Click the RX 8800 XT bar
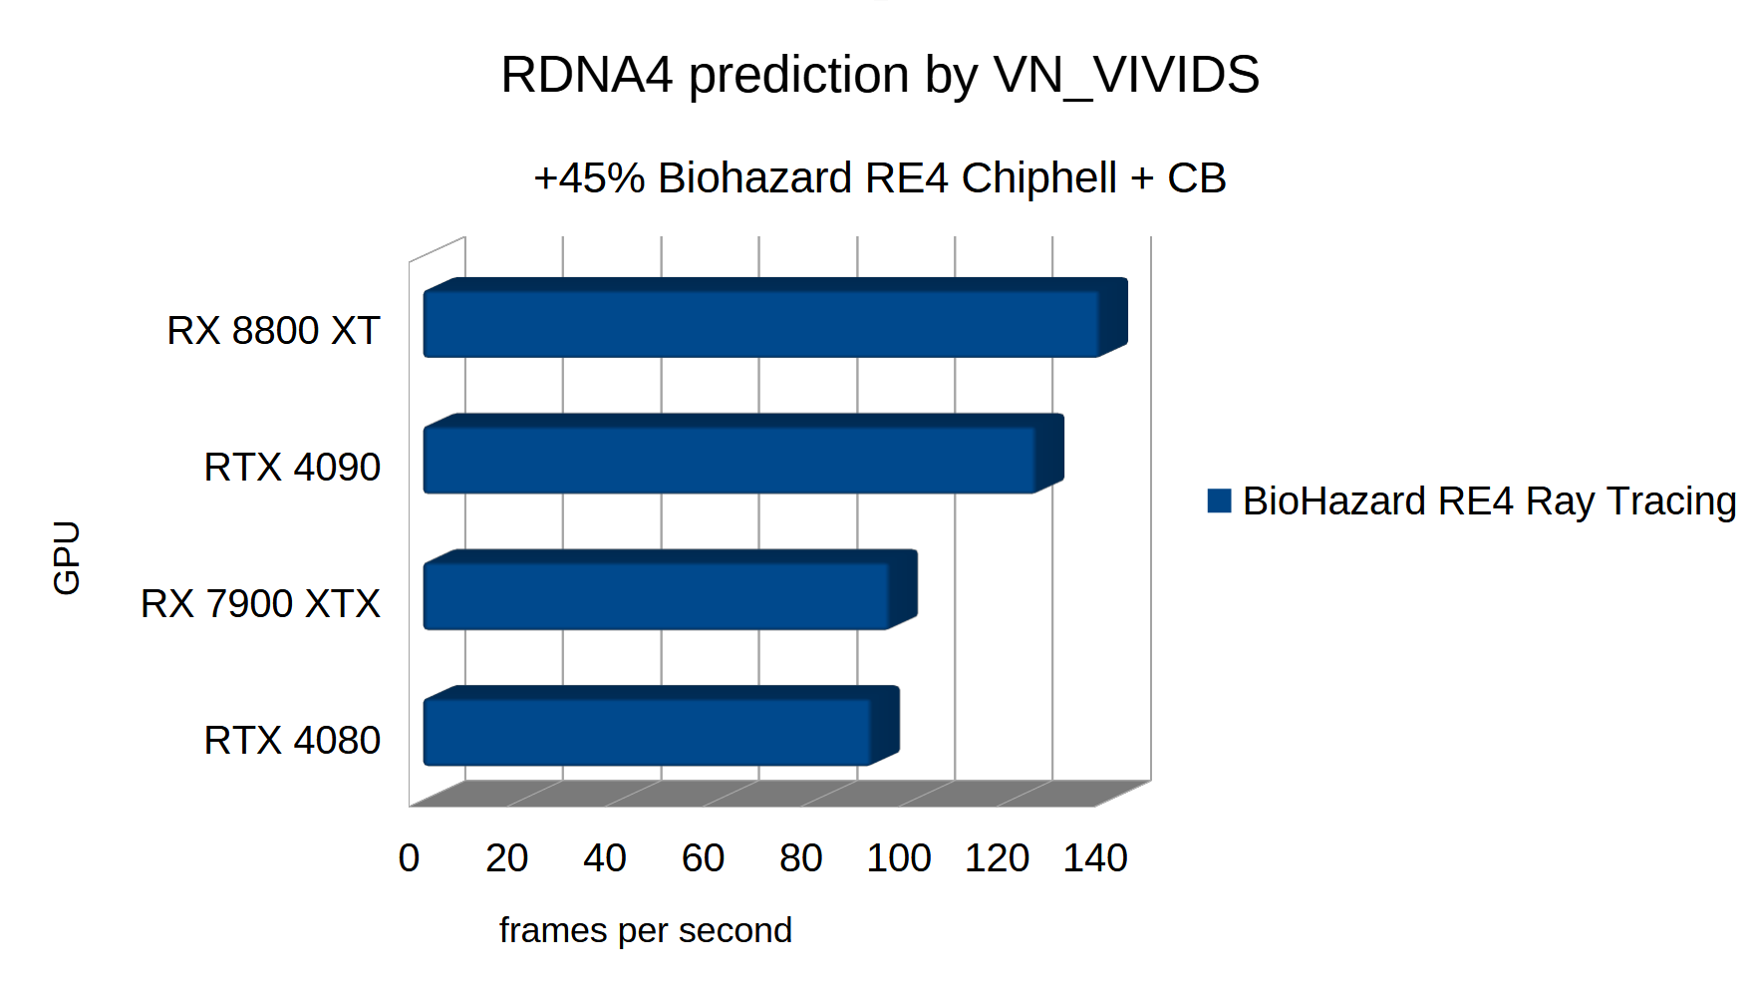(761, 323)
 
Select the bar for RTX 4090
(730, 460)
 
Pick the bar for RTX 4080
(648, 733)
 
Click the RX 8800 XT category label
(273, 331)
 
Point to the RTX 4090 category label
(292, 468)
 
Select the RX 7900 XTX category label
(260, 604)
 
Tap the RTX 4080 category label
(292, 741)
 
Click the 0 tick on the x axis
(409, 858)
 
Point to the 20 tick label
(506, 858)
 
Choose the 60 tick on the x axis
(703, 858)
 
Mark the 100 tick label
(898, 858)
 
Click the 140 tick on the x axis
(1094, 858)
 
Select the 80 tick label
(800, 858)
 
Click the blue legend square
(1218, 500)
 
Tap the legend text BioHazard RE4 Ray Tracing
(1489, 501)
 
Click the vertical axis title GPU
(67, 557)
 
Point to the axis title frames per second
(645, 930)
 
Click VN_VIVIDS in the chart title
(1126, 75)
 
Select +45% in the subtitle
(589, 178)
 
